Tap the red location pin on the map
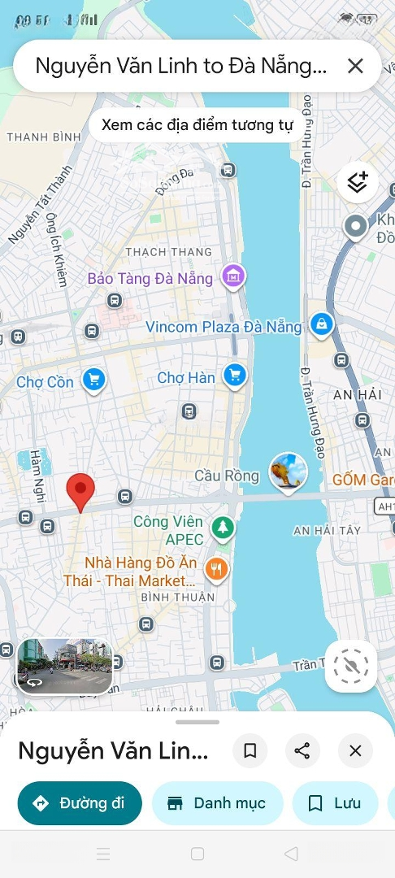coord(80,490)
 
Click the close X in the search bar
coord(355,66)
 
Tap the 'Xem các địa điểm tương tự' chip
coord(196,126)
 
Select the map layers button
coord(357,182)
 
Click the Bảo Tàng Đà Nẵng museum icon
coord(234,276)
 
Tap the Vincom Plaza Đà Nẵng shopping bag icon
coord(323,324)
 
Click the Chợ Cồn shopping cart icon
coord(94,379)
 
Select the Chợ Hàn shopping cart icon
coord(235,374)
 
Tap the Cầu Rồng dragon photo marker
coord(289,472)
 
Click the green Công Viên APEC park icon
coord(222,528)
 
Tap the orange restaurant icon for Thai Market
coord(216,569)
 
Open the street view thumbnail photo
coord(65,665)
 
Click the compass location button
coord(351,666)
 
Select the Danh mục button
coord(217,803)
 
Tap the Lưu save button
coord(335,803)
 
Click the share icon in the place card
coord(302,751)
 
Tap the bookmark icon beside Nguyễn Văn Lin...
coord(250,751)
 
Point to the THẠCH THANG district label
coord(168,252)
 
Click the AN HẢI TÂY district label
coord(327,531)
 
